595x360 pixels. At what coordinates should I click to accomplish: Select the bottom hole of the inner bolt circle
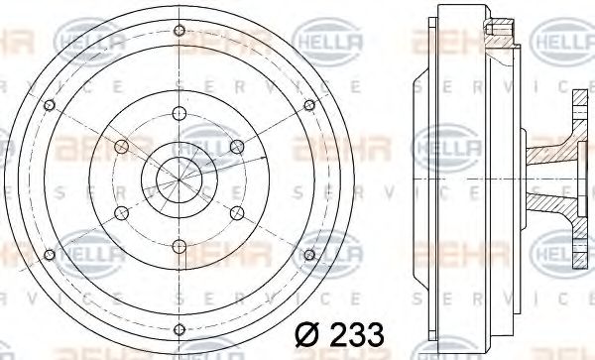178,244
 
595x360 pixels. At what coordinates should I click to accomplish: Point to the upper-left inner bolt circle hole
121,147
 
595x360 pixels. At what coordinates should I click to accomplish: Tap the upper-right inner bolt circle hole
236,147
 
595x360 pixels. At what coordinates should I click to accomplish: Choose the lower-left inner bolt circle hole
121,211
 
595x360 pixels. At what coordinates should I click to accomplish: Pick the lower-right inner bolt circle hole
236,211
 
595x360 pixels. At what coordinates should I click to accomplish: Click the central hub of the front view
178,180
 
